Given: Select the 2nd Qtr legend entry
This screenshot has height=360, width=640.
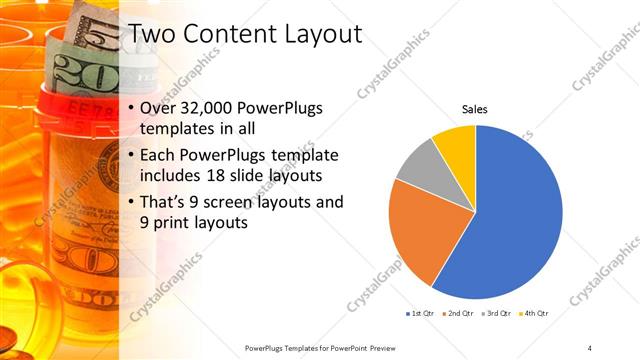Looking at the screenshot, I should (458, 314).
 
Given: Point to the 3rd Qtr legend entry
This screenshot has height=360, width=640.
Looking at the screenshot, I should (496, 314).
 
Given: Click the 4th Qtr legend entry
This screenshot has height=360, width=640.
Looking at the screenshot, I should (534, 314).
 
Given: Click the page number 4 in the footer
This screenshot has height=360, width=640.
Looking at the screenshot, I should (590, 347).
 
